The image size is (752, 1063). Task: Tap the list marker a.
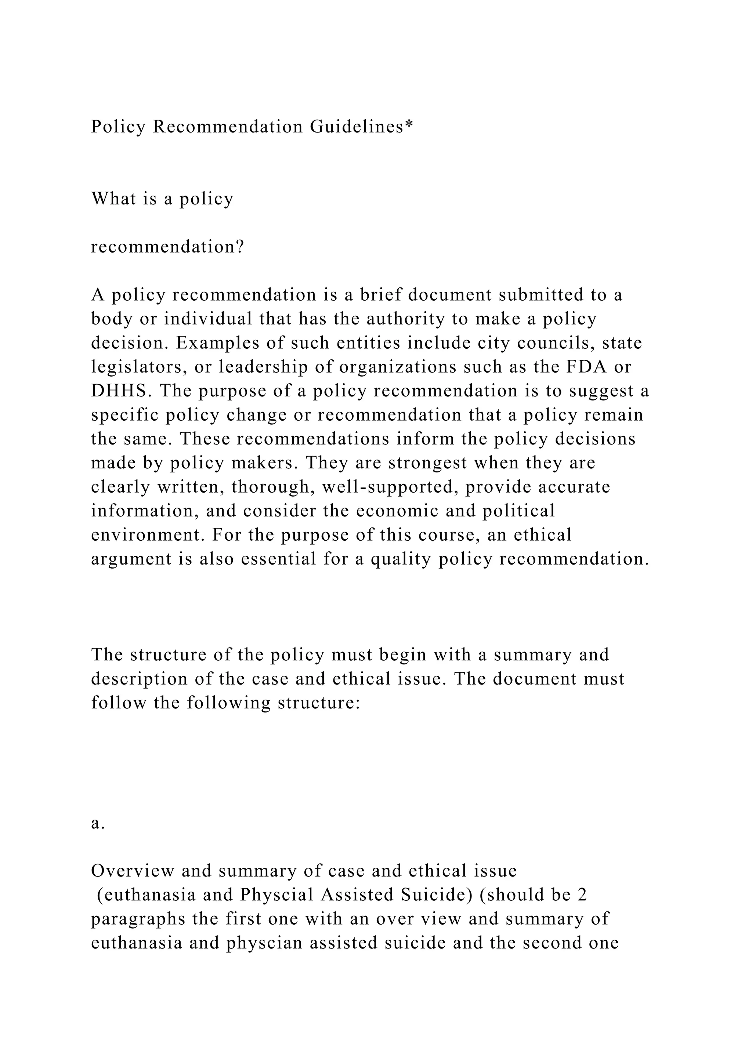[98, 823]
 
